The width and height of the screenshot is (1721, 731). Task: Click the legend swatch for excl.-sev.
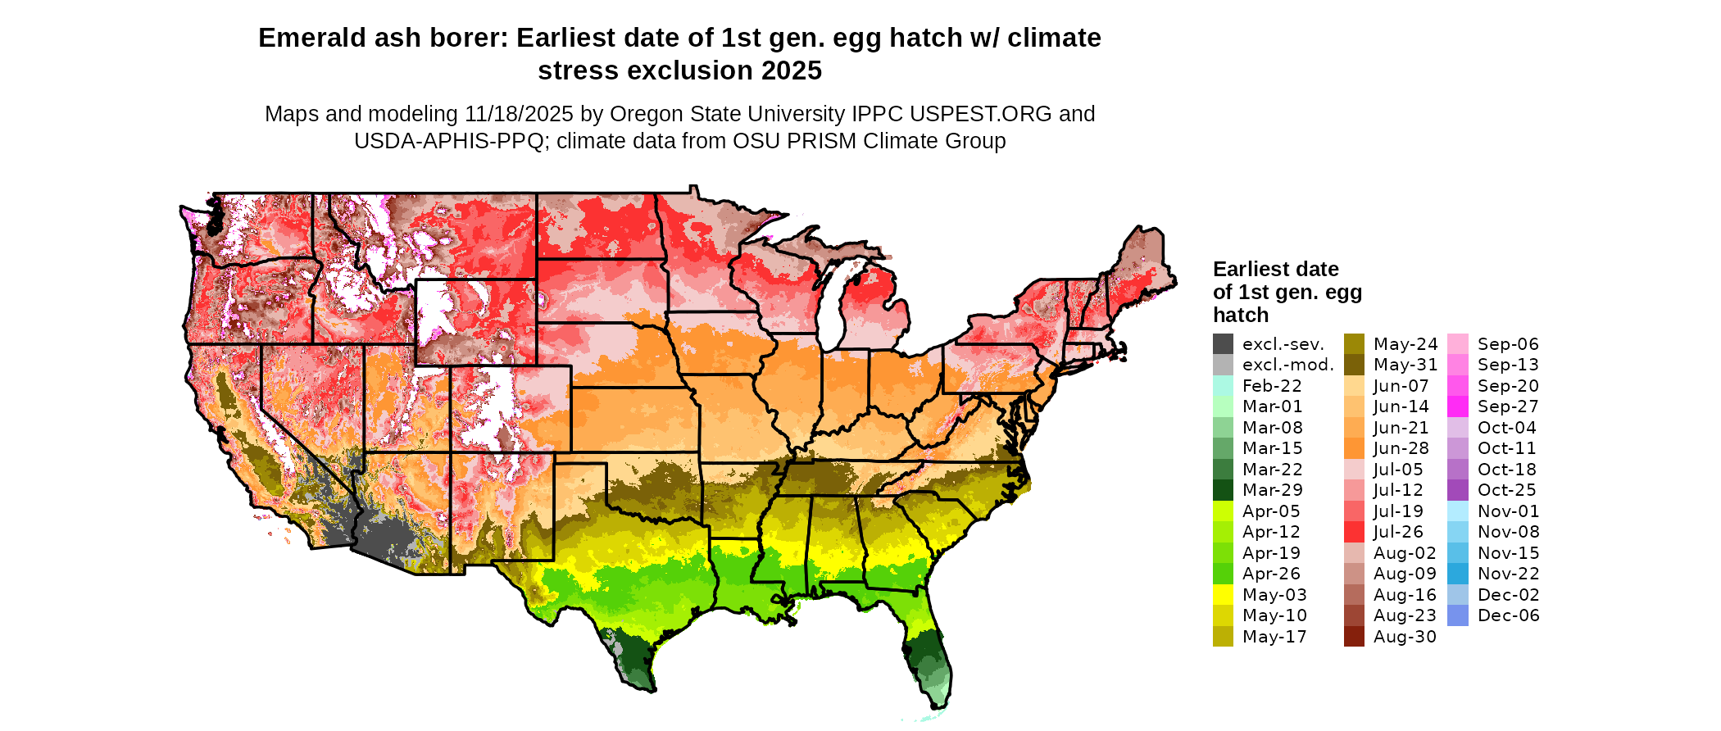click(1223, 344)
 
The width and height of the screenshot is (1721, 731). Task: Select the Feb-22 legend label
click(1272, 386)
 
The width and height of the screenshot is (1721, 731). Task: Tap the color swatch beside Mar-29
click(1223, 490)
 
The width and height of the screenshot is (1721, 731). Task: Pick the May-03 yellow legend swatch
click(1223, 595)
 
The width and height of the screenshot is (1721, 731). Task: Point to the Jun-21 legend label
click(1401, 428)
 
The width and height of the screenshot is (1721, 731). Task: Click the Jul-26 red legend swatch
click(1354, 532)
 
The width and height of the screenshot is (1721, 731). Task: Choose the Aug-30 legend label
click(1405, 637)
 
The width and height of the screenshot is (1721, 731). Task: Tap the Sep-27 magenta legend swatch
click(1458, 406)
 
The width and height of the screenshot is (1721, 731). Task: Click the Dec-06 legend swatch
click(1458, 615)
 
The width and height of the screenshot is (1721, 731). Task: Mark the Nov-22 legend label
click(1508, 574)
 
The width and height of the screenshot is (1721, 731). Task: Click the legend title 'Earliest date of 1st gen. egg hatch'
click(1287, 292)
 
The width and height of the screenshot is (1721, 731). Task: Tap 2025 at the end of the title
click(791, 71)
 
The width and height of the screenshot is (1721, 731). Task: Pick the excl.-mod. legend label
click(1288, 365)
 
